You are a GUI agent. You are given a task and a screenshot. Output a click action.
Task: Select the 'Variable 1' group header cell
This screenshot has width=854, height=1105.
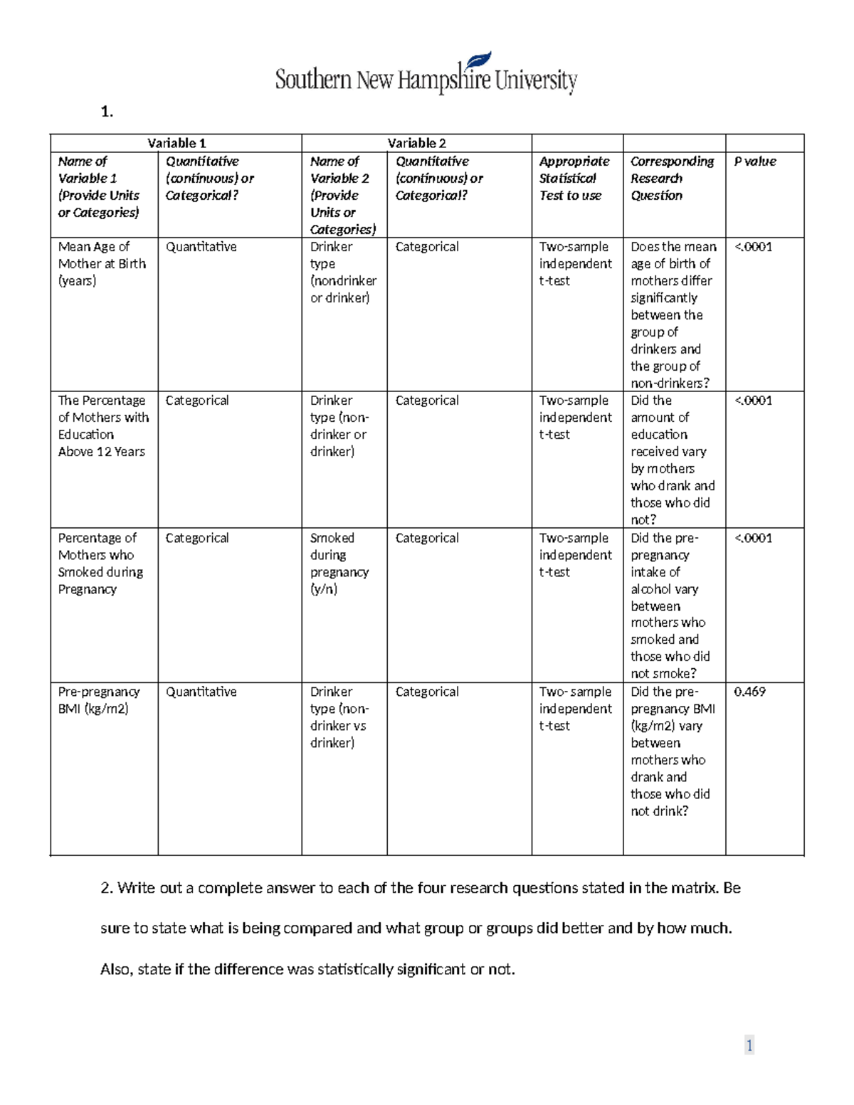click(x=176, y=143)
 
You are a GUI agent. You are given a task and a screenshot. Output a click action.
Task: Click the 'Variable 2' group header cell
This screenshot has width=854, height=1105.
click(x=416, y=143)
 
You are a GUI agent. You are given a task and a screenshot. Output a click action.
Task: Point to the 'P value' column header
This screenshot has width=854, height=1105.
click(x=755, y=162)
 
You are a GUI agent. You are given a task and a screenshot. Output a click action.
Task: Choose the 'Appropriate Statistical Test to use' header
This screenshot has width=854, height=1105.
click(x=574, y=179)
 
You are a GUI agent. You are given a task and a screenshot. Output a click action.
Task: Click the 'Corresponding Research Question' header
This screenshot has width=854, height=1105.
click(x=672, y=179)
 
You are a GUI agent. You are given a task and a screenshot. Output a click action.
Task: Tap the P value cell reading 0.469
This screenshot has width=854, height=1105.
click(x=749, y=692)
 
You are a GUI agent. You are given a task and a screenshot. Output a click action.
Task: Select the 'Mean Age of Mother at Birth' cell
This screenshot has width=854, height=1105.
click(x=102, y=264)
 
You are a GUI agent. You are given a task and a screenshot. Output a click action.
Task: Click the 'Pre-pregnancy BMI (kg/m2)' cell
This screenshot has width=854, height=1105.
click(x=99, y=700)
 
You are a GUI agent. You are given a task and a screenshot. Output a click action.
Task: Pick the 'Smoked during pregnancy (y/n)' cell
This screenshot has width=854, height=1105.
click(x=339, y=564)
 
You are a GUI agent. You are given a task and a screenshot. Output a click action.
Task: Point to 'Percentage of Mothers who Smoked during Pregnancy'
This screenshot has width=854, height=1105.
click(x=100, y=564)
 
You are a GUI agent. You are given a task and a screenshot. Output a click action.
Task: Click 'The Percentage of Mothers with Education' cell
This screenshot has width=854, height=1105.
click(x=103, y=426)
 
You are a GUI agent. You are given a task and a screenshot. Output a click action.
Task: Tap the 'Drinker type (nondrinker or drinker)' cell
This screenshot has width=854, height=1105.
click(x=343, y=273)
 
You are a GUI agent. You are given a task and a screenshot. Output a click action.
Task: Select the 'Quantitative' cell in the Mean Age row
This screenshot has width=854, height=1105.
click(x=201, y=247)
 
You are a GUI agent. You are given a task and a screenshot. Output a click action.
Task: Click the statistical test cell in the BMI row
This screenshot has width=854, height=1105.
click(x=575, y=709)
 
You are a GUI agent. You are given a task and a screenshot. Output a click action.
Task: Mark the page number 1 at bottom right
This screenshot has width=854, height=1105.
click(x=749, y=1045)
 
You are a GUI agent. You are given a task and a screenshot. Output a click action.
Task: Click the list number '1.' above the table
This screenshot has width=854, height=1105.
click(x=107, y=112)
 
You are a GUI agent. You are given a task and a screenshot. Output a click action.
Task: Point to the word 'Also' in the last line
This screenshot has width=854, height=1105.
click(x=115, y=969)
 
